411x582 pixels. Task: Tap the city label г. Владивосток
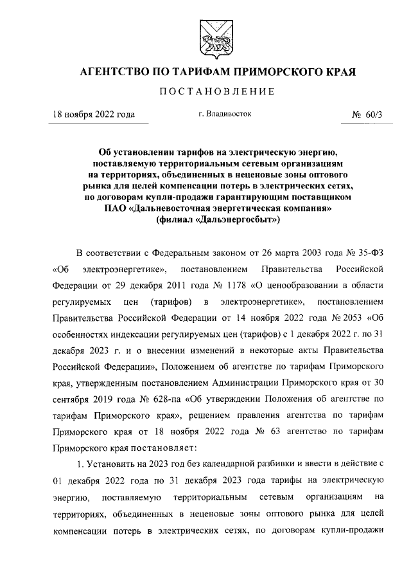pos(225,114)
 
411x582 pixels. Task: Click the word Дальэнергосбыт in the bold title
pos(227,219)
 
